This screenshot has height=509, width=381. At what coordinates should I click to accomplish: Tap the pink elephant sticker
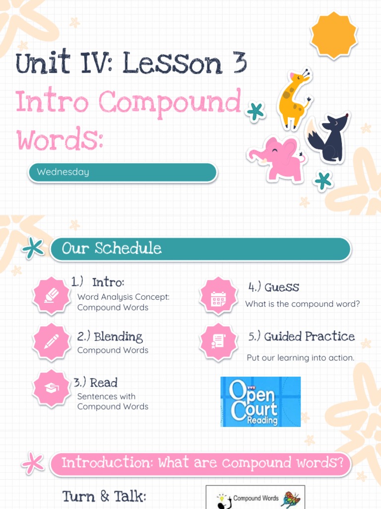click(x=278, y=158)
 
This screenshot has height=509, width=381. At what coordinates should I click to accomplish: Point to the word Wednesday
click(x=63, y=172)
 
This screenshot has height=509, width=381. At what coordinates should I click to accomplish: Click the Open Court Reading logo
click(x=260, y=402)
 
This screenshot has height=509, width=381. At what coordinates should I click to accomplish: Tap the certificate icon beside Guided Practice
click(x=218, y=342)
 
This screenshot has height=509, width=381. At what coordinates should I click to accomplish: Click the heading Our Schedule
click(x=112, y=249)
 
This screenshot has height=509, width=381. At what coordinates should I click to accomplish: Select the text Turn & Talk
click(x=104, y=497)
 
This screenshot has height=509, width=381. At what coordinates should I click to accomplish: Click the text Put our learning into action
click(x=301, y=358)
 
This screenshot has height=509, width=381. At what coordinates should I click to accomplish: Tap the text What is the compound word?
click(x=303, y=304)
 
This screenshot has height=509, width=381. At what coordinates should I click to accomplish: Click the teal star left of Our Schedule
click(x=34, y=249)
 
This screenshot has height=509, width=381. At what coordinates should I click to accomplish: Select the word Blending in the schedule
click(x=118, y=337)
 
